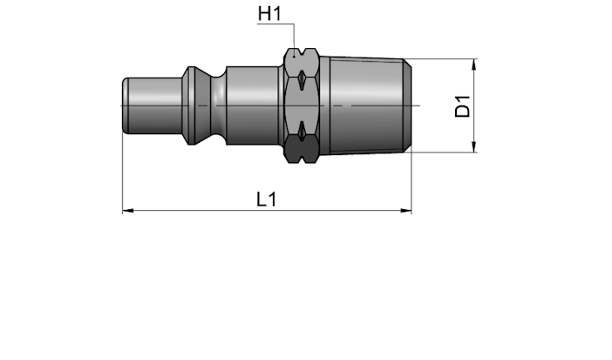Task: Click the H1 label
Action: (x=269, y=14)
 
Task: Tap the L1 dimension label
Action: (x=267, y=199)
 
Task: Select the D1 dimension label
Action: (x=463, y=106)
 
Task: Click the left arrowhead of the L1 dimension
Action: (x=128, y=211)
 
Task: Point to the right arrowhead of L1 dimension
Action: (x=406, y=211)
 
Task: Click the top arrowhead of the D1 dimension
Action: (x=474, y=65)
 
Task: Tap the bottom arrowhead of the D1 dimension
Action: (x=474, y=146)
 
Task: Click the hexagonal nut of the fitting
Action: (x=302, y=105)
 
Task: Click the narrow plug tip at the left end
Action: (x=153, y=105)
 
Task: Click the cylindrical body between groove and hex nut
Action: (x=253, y=105)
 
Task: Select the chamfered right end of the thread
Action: (x=407, y=105)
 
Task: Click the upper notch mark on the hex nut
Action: (x=302, y=80)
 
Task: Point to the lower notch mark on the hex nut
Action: (x=302, y=131)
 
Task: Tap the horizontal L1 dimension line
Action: (x=267, y=211)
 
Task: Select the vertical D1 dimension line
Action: (x=474, y=105)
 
